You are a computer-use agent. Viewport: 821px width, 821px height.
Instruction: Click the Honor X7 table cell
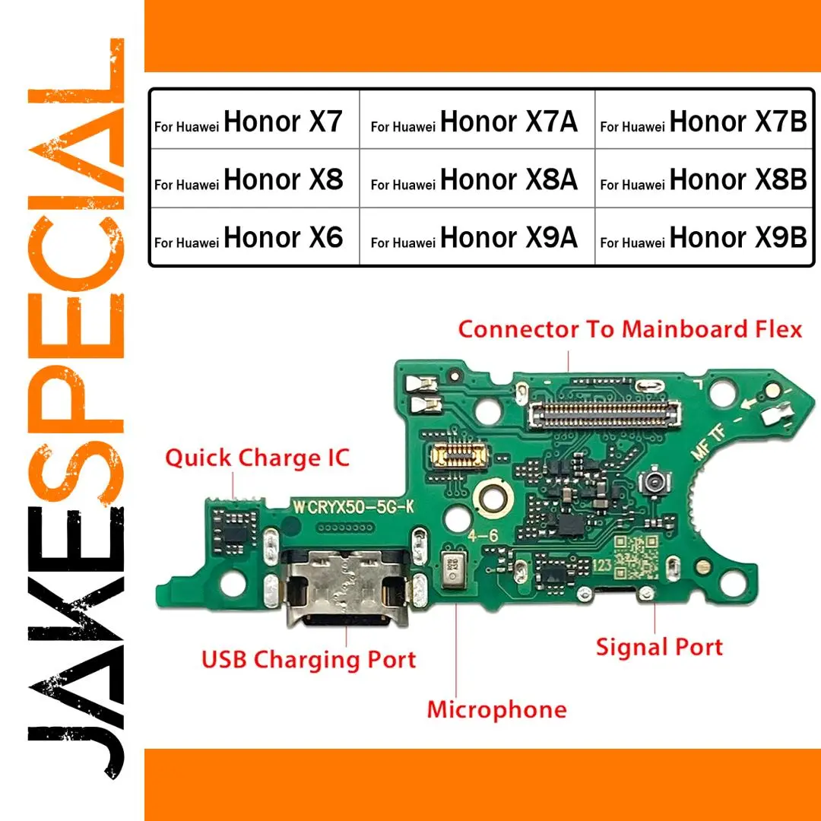pyautogui.click(x=255, y=119)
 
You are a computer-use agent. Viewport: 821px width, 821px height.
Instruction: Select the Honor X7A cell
pyautogui.click(x=477, y=119)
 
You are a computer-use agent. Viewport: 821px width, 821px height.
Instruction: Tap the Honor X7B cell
pyautogui.click(x=704, y=119)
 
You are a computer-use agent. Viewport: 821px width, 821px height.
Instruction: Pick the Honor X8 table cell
pyautogui.click(x=255, y=178)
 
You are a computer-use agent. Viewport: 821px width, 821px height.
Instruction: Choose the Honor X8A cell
pyautogui.click(x=477, y=178)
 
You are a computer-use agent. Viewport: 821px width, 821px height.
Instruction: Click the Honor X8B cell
pyautogui.click(x=704, y=178)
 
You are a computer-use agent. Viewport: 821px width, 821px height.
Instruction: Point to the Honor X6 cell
pyautogui.click(x=255, y=236)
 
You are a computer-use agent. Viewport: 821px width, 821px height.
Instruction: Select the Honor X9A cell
pyautogui.click(x=477, y=236)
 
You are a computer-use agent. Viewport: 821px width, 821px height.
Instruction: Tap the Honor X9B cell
pyautogui.click(x=704, y=236)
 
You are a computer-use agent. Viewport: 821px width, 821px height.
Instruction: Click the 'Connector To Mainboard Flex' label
pyautogui.click(x=630, y=329)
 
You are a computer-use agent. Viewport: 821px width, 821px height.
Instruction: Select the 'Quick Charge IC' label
pyautogui.click(x=257, y=458)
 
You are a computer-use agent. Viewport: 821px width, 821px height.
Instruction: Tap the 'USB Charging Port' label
pyautogui.click(x=309, y=660)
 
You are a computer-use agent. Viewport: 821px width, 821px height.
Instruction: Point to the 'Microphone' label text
pyautogui.click(x=497, y=710)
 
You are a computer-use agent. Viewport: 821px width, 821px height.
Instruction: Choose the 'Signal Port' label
pyautogui.click(x=659, y=648)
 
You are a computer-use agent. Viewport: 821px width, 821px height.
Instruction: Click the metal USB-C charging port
pyautogui.click(x=346, y=588)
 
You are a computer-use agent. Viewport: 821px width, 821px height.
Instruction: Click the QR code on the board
pyautogui.click(x=636, y=557)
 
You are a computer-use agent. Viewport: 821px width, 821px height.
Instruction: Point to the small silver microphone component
pyautogui.click(x=452, y=569)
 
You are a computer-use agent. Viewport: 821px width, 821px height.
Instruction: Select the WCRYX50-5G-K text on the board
pyautogui.click(x=353, y=507)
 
